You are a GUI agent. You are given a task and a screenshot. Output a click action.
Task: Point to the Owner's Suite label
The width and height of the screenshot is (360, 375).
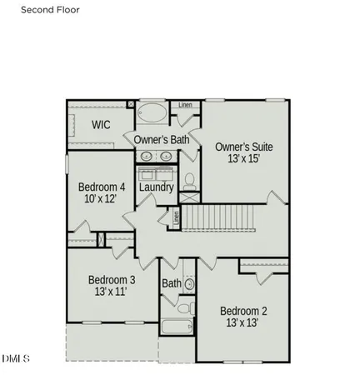[243, 147]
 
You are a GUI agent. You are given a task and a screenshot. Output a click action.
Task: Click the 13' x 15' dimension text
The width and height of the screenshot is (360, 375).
[243, 160]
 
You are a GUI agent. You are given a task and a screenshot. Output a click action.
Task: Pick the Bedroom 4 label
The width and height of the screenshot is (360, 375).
[102, 187]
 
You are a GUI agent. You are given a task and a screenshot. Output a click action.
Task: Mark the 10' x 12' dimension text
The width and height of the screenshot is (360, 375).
[102, 199]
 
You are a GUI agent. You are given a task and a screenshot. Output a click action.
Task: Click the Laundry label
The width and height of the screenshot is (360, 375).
[157, 187]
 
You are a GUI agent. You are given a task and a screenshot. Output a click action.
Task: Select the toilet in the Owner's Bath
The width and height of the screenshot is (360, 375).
[189, 179]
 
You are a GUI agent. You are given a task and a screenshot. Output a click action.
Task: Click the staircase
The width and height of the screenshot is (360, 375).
[222, 219]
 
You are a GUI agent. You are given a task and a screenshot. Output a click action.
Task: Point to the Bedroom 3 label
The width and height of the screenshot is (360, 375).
[112, 280]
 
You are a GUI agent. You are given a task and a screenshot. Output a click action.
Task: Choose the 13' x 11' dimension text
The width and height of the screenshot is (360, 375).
[112, 293]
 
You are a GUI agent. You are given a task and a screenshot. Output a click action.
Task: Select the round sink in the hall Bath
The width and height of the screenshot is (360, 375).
[189, 284]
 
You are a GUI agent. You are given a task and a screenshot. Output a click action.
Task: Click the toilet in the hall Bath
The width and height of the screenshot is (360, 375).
[185, 307]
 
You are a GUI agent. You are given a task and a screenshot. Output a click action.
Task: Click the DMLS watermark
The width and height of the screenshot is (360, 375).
[16, 360]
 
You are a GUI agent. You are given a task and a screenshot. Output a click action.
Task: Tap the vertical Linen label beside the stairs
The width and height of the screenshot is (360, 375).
[176, 218]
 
